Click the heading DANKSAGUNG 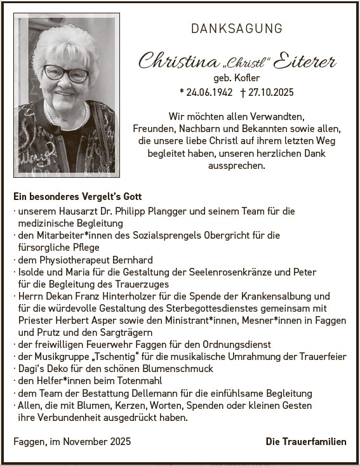click(x=237, y=29)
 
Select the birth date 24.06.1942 click(x=207, y=92)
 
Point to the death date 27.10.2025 click(x=270, y=92)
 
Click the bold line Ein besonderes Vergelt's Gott click(x=77, y=197)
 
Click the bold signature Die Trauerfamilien click(x=306, y=441)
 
